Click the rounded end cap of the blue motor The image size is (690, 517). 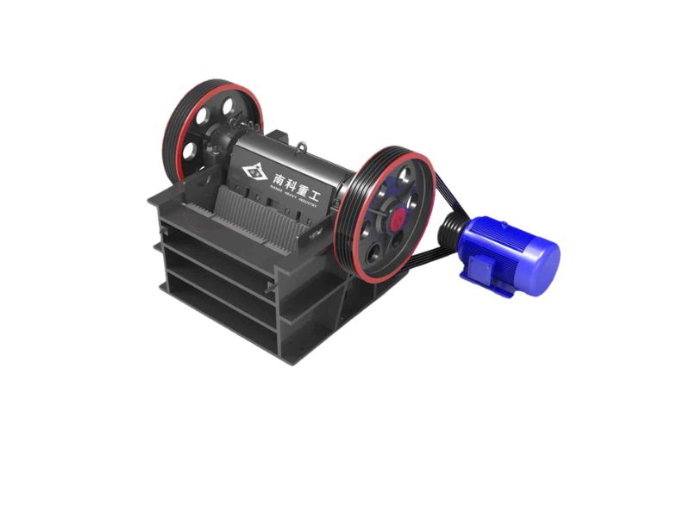click(543, 258)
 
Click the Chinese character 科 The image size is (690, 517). click(296, 180)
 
